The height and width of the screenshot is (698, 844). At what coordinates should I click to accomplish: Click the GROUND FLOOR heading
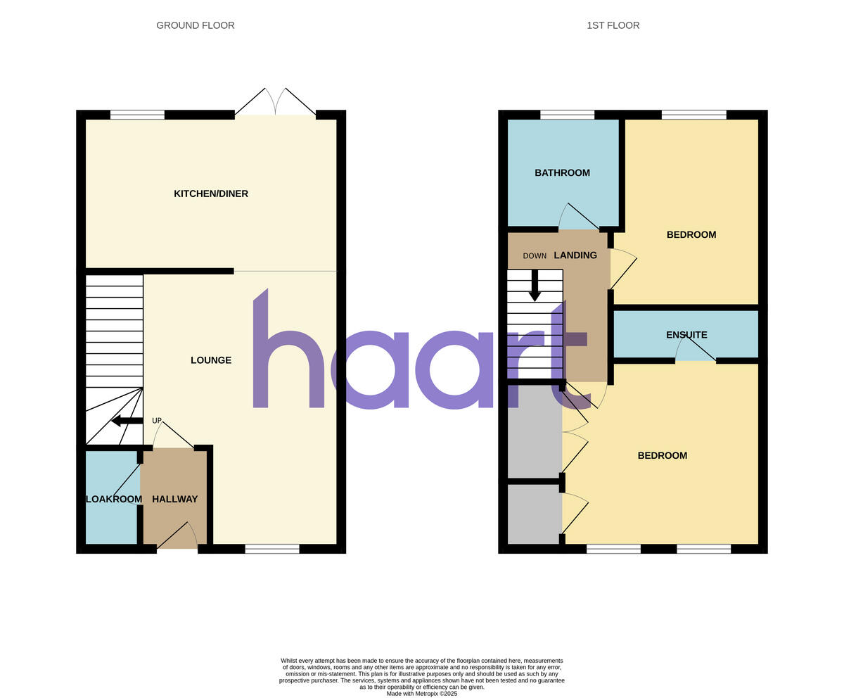pos(196,25)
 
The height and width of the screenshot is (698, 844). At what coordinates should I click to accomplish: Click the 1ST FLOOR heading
pos(613,25)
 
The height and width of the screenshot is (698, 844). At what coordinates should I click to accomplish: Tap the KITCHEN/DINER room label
pos(211,193)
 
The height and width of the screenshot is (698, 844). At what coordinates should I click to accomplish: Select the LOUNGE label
pos(211,360)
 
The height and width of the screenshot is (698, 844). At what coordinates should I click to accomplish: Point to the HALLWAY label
pos(175,499)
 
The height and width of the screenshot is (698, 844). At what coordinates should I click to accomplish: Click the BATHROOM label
pos(562,172)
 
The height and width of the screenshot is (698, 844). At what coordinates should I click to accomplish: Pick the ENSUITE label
pos(686,335)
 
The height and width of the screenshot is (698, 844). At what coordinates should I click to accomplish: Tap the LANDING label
pos(575,255)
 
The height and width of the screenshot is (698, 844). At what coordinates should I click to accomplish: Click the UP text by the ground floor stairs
pos(157,421)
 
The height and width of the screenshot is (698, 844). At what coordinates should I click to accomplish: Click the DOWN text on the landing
pos(535,256)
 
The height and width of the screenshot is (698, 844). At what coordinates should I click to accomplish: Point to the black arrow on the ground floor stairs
pos(127,421)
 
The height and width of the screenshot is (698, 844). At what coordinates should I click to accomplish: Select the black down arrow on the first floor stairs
pos(535,286)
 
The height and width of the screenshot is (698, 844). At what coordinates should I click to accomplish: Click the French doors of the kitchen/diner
pos(275,103)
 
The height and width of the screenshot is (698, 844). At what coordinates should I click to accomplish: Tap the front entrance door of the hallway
pos(177,537)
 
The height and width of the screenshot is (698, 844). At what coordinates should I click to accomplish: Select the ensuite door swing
pos(696,348)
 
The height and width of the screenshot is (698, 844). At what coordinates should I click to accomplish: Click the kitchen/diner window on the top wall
pos(137,115)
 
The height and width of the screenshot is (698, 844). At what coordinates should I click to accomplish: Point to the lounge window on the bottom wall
pos(272,549)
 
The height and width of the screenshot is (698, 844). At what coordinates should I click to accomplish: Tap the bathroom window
pos(567,115)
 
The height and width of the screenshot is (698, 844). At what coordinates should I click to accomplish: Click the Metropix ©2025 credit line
pos(422,694)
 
